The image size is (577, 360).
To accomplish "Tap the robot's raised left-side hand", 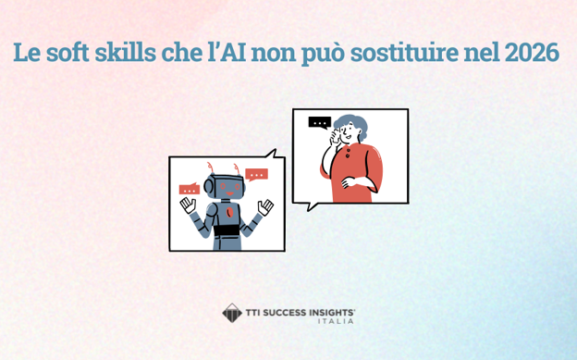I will point(189,204).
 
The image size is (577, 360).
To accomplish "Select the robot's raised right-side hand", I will point(265,206).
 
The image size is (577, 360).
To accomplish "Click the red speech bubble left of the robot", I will point(190,189).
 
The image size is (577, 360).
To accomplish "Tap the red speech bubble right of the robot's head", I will point(256,173).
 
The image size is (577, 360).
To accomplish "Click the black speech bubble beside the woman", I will point(319,122).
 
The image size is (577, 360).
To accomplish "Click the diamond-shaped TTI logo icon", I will point(231,313).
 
